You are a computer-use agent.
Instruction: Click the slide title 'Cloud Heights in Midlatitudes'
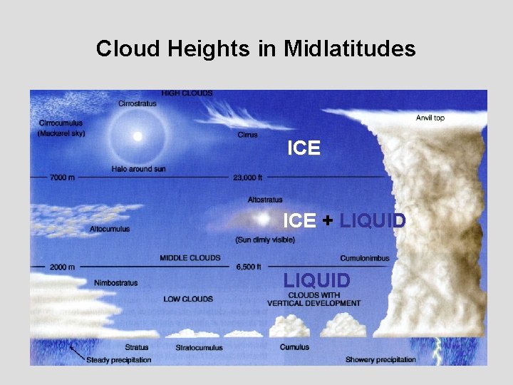(256, 48)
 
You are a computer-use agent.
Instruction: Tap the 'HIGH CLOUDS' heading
(187, 93)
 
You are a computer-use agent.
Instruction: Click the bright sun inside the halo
(138, 135)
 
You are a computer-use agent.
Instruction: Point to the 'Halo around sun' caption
(138, 169)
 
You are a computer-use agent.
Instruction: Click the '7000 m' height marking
(62, 177)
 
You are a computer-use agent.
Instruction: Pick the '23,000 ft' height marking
(248, 177)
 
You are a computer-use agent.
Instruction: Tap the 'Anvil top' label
(430, 118)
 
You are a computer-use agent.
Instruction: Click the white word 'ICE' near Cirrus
(304, 148)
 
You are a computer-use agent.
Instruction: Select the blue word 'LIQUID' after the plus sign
(372, 221)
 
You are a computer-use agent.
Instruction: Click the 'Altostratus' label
(265, 200)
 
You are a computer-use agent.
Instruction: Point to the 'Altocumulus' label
(110, 229)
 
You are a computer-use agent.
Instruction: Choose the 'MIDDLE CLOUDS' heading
(190, 257)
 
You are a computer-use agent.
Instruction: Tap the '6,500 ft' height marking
(249, 267)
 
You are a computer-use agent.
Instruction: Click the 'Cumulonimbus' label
(365, 257)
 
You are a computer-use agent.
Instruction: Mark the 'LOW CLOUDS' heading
(188, 299)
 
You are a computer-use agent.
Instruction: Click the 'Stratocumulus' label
(199, 348)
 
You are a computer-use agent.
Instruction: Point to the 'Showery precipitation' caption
(380, 359)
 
